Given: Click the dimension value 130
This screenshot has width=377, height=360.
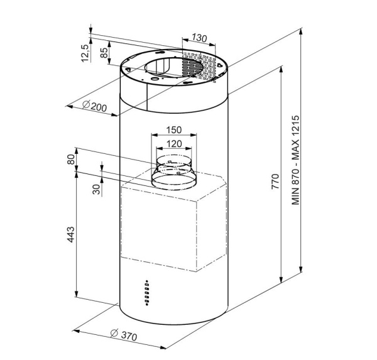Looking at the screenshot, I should click(x=199, y=38).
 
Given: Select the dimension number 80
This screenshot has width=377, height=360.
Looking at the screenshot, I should click(x=71, y=160).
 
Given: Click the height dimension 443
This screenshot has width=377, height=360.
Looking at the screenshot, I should click(x=71, y=234).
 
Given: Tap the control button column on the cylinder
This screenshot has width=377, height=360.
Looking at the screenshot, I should click(x=146, y=292).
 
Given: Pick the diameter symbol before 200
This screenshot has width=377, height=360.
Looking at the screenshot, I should click(x=86, y=104).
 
